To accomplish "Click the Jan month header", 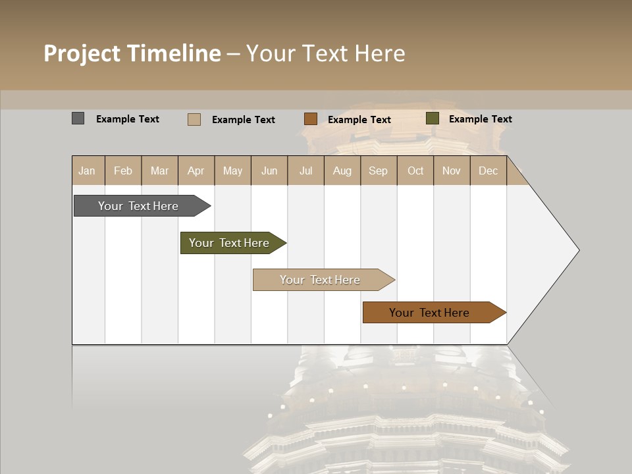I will [x=88, y=171].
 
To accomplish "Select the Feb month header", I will [x=123, y=171].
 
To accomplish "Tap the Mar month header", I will [x=159, y=171].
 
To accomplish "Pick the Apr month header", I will [x=196, y=171].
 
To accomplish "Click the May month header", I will [x=232, y=171].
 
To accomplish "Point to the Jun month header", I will [x=269, y=171].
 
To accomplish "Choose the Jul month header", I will [x=305, y=171].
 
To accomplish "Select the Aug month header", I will [x=342, y=171].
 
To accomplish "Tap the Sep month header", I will [x=379, y=171].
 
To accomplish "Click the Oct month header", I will [x=415, y=171].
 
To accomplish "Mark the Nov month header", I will [x=452, y=171].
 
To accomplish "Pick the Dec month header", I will [x=488, y=171].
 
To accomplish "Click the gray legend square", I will [x=78, y=118].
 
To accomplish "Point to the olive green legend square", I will [x=432, y=118].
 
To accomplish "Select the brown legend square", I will [x=311, y=119].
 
